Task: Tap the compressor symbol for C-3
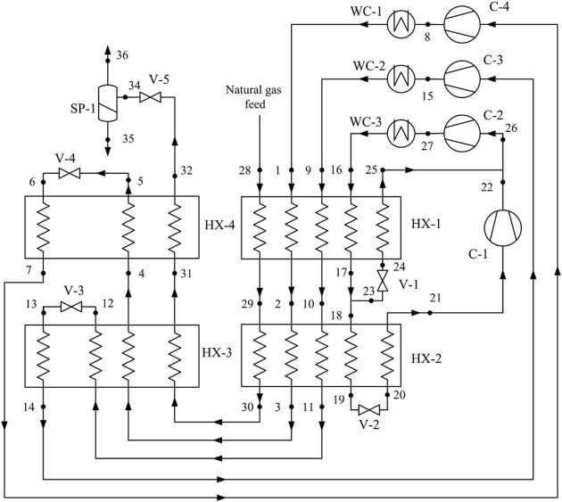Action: pyautogui.click(x=462, y=77)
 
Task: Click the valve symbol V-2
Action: pyautogui.click(x=369, y=408)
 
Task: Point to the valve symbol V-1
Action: pyautogui.click(x=383, y=284)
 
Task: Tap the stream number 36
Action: pyautogui.click(x=121, y=55)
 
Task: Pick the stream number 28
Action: pyautogui.click(x=244, y=169)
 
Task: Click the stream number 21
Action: pyautogui.click(x=435, y=297)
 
